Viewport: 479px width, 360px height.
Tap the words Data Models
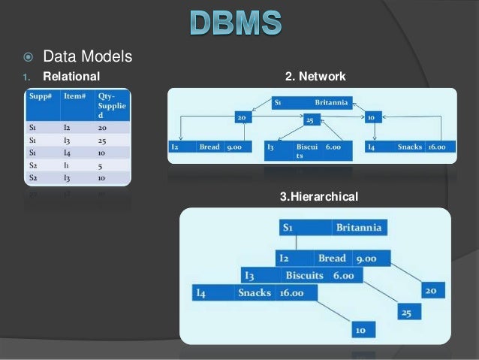point(88,56)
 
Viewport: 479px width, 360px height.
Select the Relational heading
point(71,76)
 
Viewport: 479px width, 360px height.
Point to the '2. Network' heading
point(315,76)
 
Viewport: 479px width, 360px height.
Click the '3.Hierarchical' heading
point(319,197)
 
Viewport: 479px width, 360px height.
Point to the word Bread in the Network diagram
point(209,147)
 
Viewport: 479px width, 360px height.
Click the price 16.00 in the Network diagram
point(436,147)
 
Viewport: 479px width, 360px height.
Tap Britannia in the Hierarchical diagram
point(358,227)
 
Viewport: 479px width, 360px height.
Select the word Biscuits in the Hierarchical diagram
point(304,275)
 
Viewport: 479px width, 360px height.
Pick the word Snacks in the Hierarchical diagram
point(254,292)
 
